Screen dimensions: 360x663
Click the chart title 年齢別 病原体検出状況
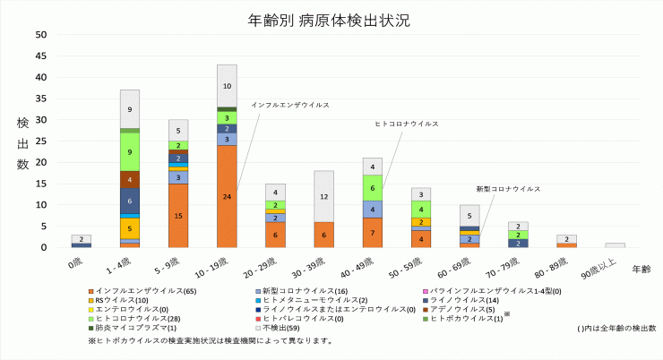pyautogui.click(x=332, y=19)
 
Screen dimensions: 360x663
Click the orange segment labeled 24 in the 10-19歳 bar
pyautogui.click(x=227, y=196)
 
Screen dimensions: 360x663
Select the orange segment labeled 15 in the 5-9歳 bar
pyautogui.click(x=178, y=216)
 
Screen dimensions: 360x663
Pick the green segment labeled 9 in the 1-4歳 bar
pyautogui.click(x=130, y=152)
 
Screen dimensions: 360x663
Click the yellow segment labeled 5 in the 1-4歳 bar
pyautogui.click(x=130, y=229)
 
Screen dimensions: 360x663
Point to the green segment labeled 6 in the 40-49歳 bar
pyautogui.click(x=373, y=188)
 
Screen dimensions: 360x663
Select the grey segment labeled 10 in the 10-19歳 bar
pyautogui.click(x=227, y=86)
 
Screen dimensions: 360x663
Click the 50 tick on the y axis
pyautogui.click(x=40, y=35)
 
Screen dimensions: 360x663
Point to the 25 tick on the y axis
pyautogui.click(x=40, y=141)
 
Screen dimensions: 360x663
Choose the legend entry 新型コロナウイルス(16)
pyautogui.click(x=292, y=291)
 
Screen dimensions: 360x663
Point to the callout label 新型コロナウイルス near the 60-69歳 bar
pyautogui.click(x=507, y=189)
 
